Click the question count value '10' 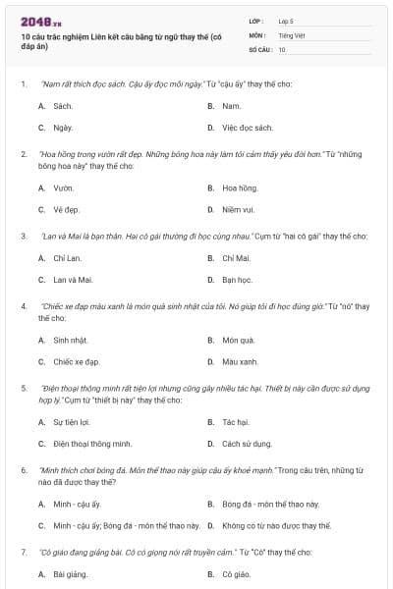[282, 48]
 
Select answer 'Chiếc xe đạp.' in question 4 [77, 361]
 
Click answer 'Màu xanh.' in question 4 [241, 361]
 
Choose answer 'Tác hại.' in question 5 [236, 421]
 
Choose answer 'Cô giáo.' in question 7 [236, 573]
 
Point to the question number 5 [23, 387]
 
